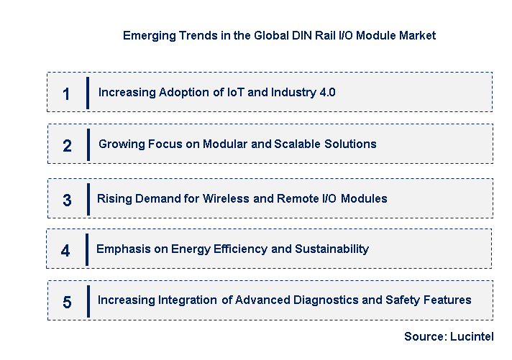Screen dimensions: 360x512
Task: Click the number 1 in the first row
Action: coord(66,93)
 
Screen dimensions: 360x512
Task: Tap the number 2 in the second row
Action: coord(67,146)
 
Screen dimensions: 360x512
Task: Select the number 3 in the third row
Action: coord(67,200)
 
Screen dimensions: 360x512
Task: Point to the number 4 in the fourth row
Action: coord(65,251)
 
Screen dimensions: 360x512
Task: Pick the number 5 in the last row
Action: coord(67,303)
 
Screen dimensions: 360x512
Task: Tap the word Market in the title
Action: coord(416,34)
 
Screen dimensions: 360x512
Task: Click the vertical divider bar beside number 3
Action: coord(88,199)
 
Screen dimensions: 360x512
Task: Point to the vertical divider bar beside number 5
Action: coord(88,301)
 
